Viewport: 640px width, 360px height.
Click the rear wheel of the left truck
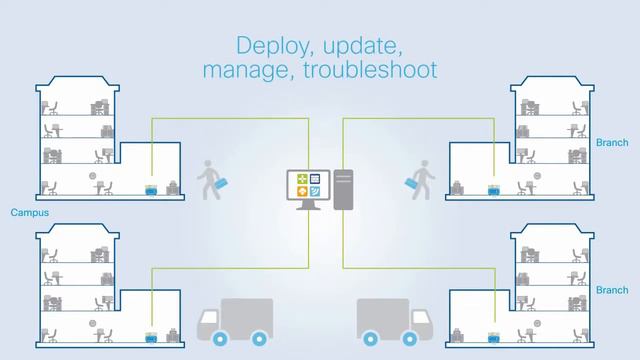point(259,337)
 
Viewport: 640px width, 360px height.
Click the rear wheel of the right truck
point(372,337)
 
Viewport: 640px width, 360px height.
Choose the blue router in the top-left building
point(151,189)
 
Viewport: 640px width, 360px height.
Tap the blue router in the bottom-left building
point(151,338)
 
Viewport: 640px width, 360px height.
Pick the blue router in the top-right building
point(493,189)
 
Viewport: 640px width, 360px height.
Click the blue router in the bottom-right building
point(492,338)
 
